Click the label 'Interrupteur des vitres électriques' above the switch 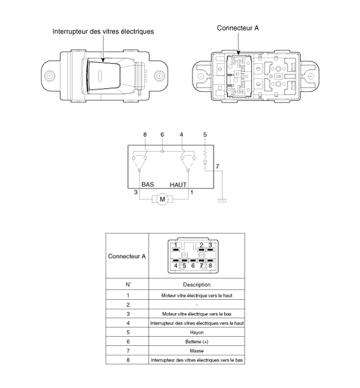click(103, 31)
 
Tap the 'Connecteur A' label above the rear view click(237, 28)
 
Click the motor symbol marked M click(162, 199)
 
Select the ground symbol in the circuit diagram click(221, 199)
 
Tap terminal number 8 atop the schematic click(145, 135)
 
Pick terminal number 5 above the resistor click(204, 135)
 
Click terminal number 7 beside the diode click(217, 167)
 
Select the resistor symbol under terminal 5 click(204, 153)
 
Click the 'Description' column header click(196, 284)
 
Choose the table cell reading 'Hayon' click(196, 333)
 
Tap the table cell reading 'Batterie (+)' click(196, 342)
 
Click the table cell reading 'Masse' click(196, 351)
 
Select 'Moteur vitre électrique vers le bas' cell click(196, 314)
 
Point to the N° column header click(127, 284)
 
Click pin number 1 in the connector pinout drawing click(176, 245)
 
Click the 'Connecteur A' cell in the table click(127, 256)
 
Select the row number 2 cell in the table click(127, 304)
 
